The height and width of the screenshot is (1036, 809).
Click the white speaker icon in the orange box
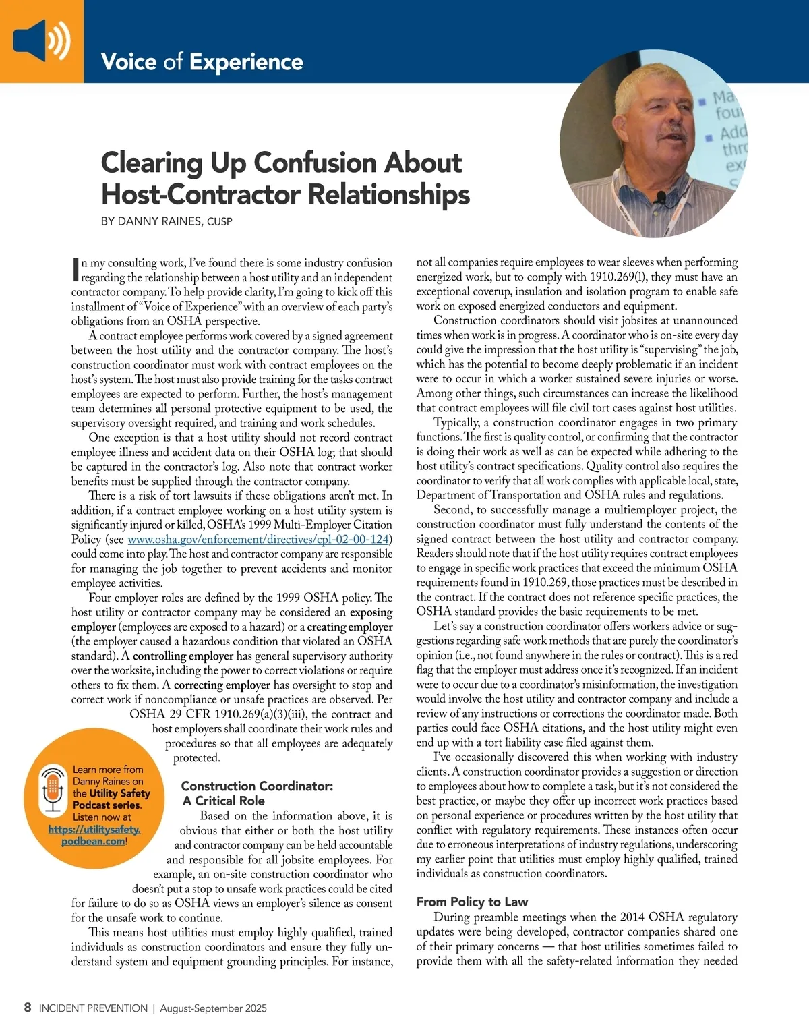click(x=40, y=39)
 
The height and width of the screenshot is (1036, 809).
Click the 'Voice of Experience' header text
click(x=202, y=62)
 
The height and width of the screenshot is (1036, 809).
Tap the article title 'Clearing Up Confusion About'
click(x=281, y=163)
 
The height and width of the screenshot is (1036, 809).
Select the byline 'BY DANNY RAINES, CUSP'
click(x=167, y=221)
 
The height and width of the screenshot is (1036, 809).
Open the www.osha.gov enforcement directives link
click(x=258, y=540)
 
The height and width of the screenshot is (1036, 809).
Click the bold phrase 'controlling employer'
click(x=183, y=656)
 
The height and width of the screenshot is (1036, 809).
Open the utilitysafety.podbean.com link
click(x=94, y=835)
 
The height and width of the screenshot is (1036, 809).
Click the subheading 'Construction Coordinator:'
click(x=257, y=786)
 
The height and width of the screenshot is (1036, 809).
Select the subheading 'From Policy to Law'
click(x=472, y=902)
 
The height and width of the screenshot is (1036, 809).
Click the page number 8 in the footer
click(x=28, y=1008)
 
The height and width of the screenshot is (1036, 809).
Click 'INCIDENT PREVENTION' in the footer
click(x=93, y=1008)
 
